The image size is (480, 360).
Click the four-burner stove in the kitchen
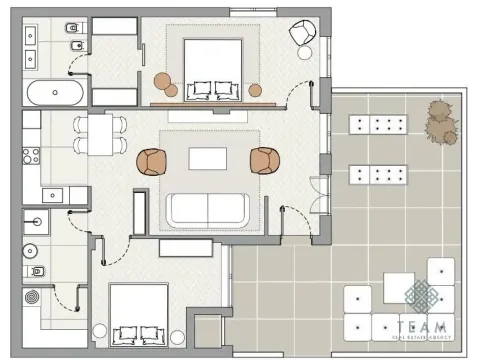29,155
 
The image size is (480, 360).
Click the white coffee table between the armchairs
208,158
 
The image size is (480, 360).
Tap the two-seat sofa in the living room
207,208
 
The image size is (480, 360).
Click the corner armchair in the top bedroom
301,33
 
